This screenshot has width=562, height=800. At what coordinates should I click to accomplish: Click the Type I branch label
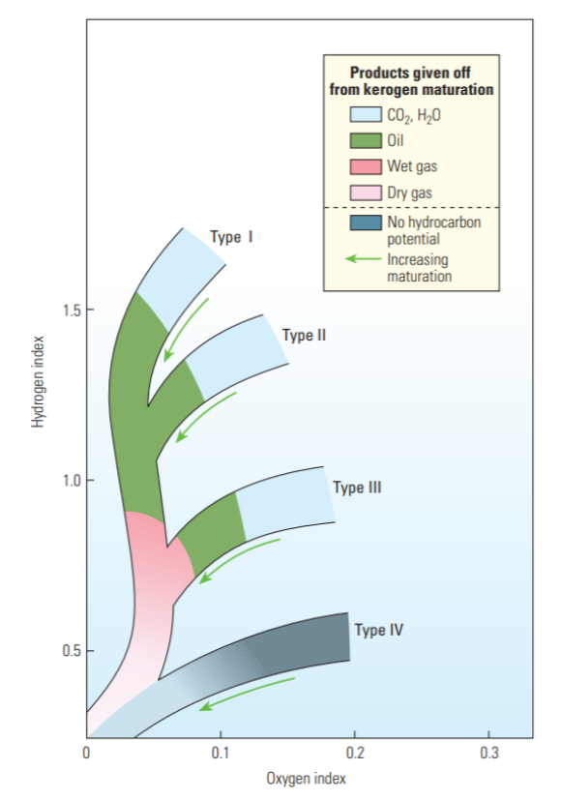(x=231, y=237)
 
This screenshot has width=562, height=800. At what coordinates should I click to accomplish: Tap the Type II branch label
(x=304, y=336)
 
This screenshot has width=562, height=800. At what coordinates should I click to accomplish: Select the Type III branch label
(x=357, y=488)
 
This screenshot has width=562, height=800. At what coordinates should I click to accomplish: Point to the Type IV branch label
(x=379, y=630)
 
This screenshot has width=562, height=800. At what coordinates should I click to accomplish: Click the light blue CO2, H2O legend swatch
(x=366, y=114)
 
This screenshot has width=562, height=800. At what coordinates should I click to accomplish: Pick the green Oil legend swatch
(x=366, y=140)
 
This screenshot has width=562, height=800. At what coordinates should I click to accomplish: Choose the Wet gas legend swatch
(x=366, y=166)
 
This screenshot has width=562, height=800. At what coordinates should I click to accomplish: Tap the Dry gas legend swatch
(x=366, y=193)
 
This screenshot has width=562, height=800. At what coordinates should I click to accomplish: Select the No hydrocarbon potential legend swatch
(x=366, y=222)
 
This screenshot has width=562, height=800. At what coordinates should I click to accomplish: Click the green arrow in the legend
(x=364, y=258)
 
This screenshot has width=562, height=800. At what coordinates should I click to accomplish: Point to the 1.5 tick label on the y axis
(x=72, y=311)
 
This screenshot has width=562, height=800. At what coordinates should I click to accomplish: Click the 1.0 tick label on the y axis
(x=72, y=481)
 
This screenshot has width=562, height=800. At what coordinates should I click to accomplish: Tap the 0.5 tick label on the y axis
(x=72, y=651)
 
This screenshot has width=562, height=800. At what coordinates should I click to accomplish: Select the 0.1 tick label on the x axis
(x=221, y=753)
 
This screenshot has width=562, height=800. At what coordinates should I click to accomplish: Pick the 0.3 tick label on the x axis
(x=489, y=753)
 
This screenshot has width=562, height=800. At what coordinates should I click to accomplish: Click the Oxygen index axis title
(x=306, y=779)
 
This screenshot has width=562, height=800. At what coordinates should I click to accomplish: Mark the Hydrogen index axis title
(x=38, y=382)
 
